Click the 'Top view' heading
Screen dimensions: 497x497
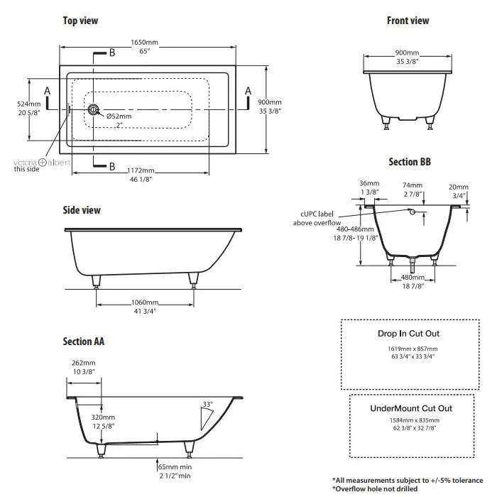pos(80,21)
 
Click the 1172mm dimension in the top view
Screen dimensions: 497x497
pos(141,171)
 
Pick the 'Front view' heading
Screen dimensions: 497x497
pos(408,21)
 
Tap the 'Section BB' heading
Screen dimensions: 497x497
pos(410,162)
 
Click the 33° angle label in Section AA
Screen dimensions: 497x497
pos(207,404)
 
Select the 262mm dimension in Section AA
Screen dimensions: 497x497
pos(84,363)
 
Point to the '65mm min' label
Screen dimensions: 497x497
pos(176,469)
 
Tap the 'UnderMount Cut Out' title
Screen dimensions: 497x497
pos(411,408)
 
